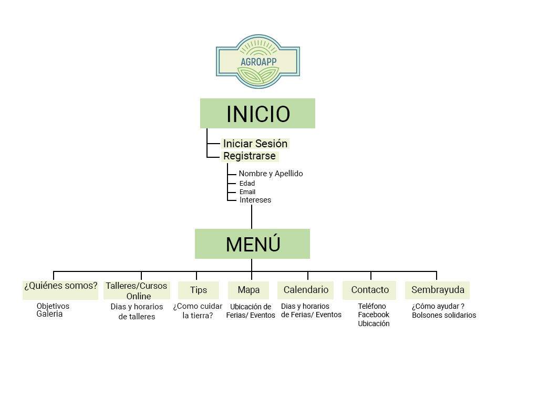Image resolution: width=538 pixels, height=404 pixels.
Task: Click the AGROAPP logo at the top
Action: point(258,61)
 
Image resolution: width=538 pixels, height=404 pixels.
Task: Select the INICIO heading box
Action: point(257,114)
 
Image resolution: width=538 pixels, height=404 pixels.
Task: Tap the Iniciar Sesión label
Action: point(255,144)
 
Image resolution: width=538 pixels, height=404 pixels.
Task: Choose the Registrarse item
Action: point(250,156)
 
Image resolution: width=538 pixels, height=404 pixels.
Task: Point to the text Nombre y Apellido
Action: point(271,174)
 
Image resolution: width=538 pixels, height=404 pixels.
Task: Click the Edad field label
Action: point(247,184)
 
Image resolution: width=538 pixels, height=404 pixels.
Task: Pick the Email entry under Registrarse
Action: point(247,192)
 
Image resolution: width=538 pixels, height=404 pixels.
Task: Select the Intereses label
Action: point(255,200)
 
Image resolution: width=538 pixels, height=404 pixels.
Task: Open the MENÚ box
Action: point(252,244)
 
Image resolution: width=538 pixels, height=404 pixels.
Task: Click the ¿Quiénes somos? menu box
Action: point(60,287)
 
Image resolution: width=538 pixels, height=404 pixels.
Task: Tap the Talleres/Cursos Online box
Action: point(137,291)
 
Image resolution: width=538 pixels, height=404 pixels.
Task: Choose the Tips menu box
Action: point(199,290)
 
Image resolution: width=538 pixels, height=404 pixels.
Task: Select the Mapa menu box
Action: point(249,290)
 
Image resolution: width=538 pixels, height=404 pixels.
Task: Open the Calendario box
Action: point(306,290)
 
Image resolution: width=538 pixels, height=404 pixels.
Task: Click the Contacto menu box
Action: point(370,290)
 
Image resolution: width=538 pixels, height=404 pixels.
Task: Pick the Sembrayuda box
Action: point(438,290)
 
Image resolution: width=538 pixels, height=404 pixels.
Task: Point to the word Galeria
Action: point(49,314)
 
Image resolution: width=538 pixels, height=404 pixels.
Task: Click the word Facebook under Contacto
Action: point(374,315)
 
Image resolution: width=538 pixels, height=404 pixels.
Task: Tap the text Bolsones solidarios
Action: point(444,315)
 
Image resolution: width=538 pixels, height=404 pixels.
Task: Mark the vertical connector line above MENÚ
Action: point(252,217)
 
